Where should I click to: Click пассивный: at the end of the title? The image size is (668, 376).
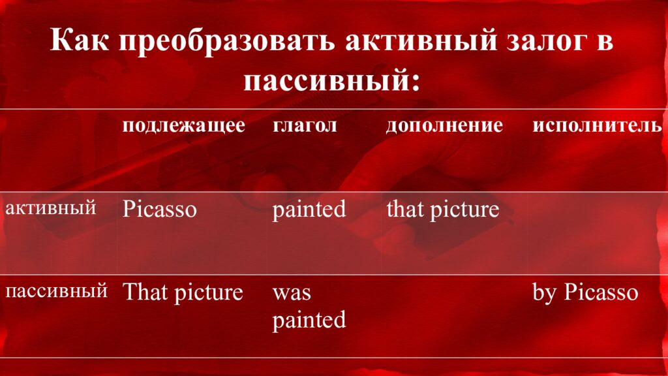point(331,81)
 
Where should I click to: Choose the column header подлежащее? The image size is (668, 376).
point(184,125)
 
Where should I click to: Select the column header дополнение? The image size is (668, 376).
point(444,125)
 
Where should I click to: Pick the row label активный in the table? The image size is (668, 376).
point(51,208)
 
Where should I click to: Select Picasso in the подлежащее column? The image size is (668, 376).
point(159,210)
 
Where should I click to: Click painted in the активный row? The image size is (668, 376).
point(309,210)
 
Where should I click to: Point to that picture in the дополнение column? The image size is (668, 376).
point(442,210)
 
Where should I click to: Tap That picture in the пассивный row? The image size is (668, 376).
point(183,292)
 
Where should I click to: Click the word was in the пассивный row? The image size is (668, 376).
point(292,292)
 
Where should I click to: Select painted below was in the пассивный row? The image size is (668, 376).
point(309,320)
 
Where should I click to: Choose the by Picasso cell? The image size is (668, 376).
point(585,292)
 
